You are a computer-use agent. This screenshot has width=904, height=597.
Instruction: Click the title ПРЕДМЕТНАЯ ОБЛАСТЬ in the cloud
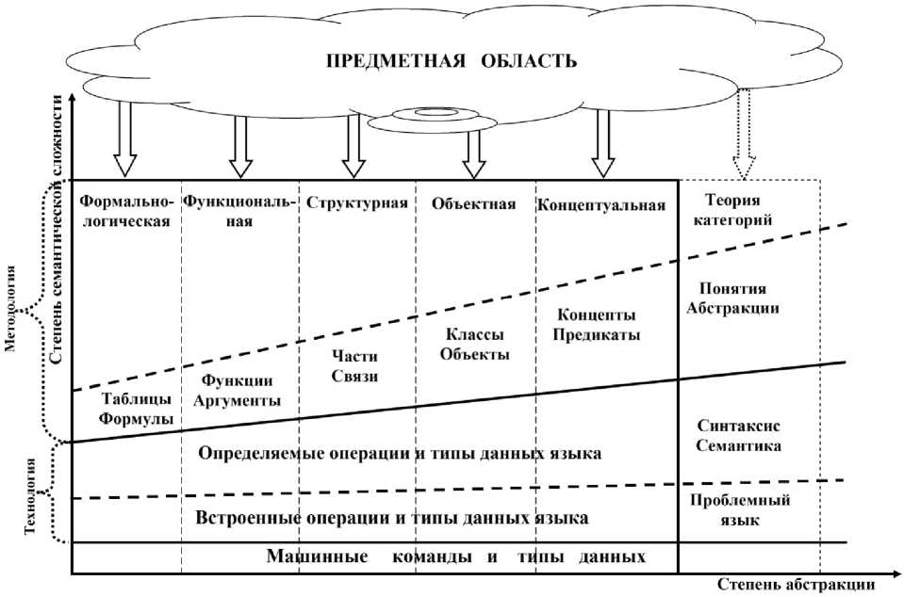coord(450,62)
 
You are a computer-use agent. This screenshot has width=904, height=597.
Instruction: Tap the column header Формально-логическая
coord(124,212)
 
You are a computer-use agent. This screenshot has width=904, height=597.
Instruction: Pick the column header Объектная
coord(474,203)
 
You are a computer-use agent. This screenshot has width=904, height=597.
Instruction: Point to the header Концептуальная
coord(601,204)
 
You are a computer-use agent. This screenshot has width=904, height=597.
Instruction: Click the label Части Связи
coord(355,366)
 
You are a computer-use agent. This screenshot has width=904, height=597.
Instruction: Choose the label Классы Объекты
coord(474,346)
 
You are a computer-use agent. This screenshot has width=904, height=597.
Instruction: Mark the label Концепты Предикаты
coord(597,324)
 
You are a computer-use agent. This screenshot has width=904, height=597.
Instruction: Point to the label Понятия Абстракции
coord(739,298)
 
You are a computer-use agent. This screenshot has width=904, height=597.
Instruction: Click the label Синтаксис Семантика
coord(739,435)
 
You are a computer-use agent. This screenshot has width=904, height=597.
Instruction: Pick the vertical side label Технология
coord(31,494)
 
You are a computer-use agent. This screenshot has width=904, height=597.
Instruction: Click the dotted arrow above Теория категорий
coord(744,132)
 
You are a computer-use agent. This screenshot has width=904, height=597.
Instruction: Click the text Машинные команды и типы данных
coord(456,556)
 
